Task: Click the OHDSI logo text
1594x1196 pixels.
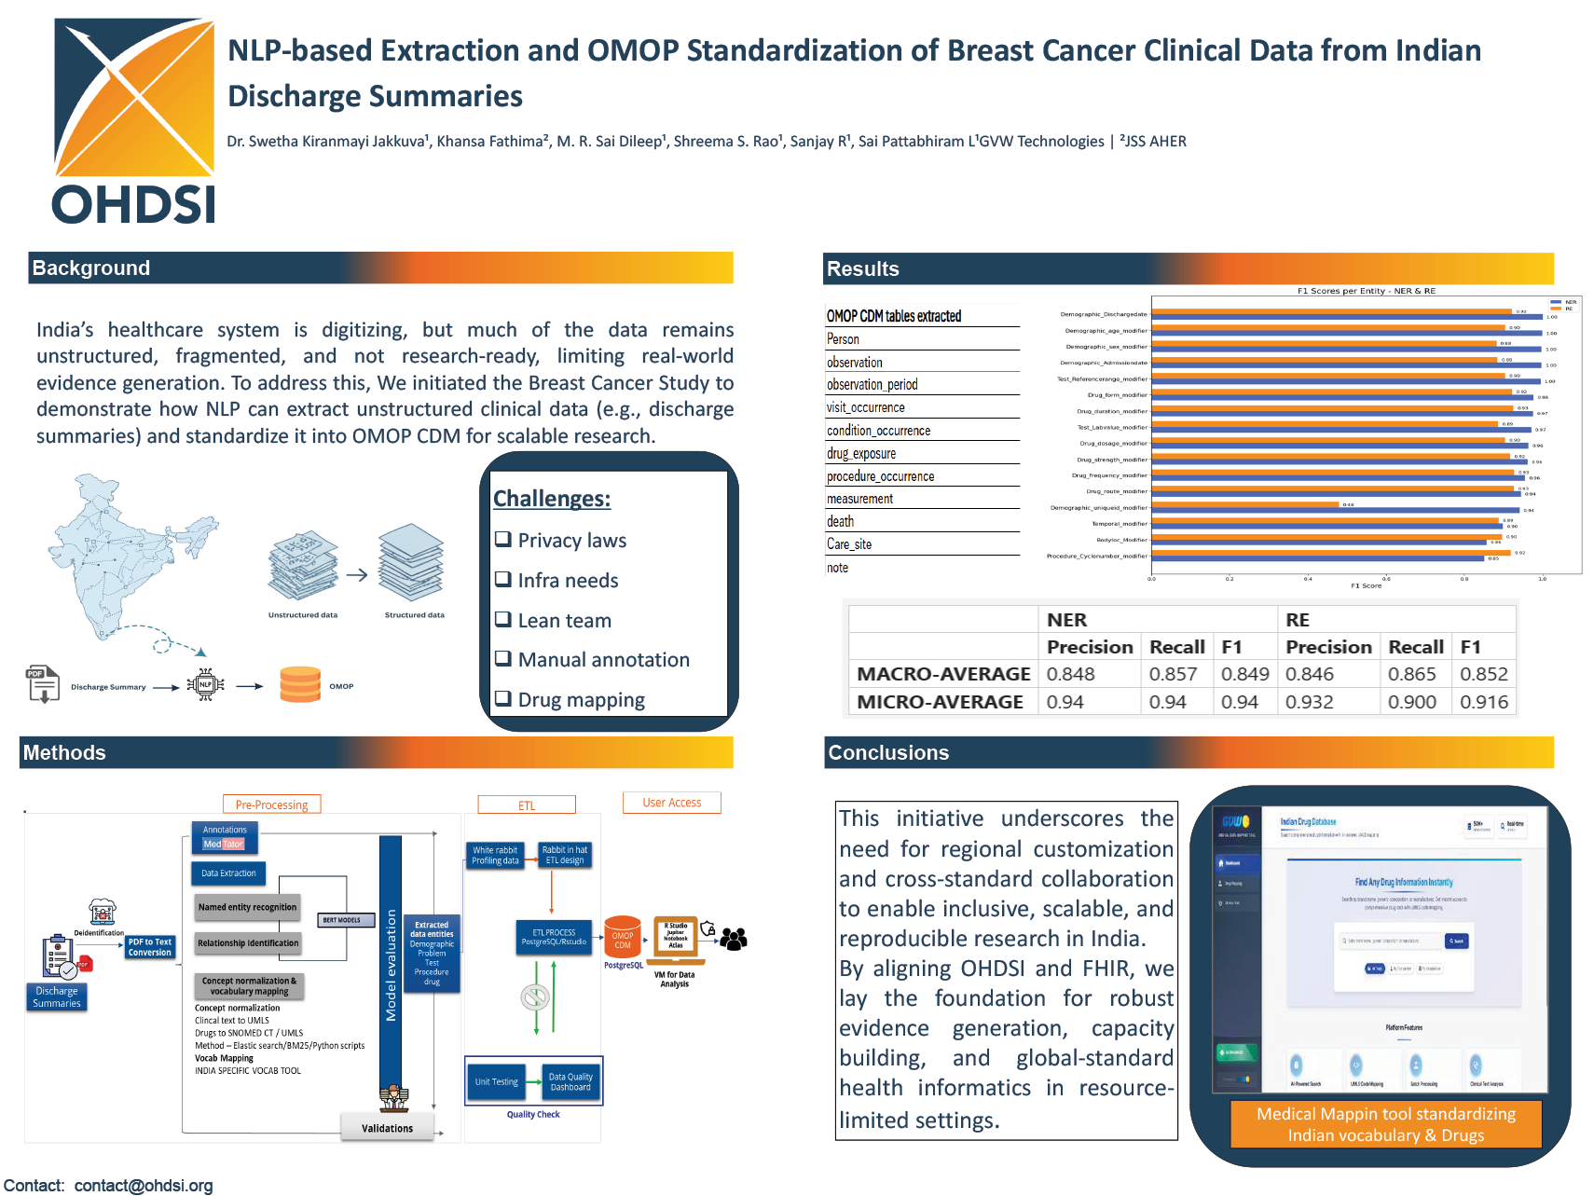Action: pos(133,204)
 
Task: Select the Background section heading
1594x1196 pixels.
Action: pos(91,268)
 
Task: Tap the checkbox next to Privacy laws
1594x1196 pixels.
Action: pos(503,539)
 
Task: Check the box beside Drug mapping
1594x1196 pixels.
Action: pos(503,698)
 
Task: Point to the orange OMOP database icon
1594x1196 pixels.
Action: pos(300,684)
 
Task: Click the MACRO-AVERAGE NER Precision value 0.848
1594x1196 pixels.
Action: pos(1070,674)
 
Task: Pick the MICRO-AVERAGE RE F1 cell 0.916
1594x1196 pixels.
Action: pos(1483,702)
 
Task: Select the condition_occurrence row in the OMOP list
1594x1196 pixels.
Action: pos(878,431)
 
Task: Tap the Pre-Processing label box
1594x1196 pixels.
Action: pos(271,804)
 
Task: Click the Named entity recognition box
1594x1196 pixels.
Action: pos(247,907)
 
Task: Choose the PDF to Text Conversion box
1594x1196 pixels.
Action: pos(150,947)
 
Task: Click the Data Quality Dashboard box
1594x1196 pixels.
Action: pos(570,1081)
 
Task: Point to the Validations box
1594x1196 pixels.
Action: pos(387,1128)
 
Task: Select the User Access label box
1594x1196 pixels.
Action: pos(671,803)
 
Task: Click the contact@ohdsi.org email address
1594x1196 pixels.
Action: pos(144,1186)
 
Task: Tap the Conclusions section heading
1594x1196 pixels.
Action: pos(888,753)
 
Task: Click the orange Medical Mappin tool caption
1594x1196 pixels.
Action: pos(1385,1124)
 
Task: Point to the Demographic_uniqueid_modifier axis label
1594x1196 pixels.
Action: pos(1098,508)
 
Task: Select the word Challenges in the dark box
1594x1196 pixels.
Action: pos(551,499)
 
